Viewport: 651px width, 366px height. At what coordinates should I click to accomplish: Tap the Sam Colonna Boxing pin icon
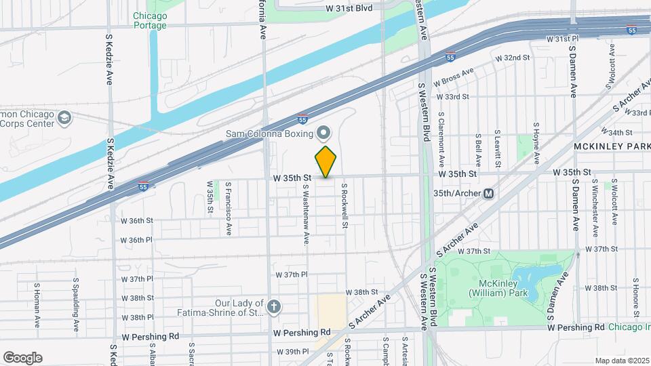click(323, 132)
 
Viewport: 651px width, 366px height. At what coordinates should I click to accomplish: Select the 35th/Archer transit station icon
click(488, 193)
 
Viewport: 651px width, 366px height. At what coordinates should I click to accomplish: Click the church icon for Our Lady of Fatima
click(273, 307)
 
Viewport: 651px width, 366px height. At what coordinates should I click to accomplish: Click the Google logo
click(22, 357)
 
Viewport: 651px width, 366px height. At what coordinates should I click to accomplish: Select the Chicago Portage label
click(150, 20)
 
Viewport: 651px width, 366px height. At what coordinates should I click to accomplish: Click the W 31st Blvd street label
click(349, 8)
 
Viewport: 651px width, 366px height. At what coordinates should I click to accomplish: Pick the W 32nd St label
click(512, 58)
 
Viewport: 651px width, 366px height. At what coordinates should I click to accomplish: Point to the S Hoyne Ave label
click(536, 144)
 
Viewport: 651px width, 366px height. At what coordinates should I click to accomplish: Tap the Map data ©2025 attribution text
click(620, 360)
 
